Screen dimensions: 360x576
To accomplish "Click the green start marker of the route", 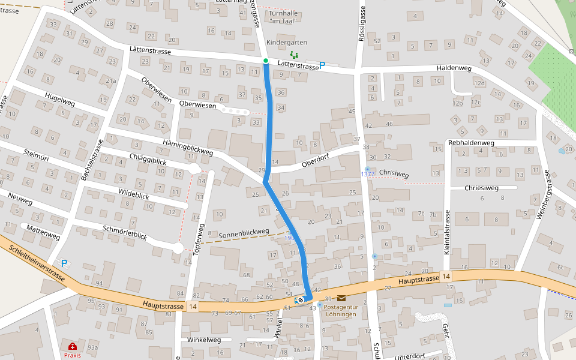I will click(x=265, y=61).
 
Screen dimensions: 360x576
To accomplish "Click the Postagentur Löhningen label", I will click(x=340, y=310).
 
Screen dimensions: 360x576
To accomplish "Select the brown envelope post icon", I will click(x=341, y=298).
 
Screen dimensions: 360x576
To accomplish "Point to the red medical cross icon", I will click(x=73, y=346).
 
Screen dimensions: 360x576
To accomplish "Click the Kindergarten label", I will click(x=286, y=43).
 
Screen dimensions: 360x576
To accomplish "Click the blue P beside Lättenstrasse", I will click(x=322, y=65).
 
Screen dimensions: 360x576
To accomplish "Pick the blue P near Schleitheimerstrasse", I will click(x=65, y=263).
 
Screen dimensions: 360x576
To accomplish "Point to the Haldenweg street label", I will click(x=454, y=68).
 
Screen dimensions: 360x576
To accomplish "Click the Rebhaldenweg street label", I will click(x=471, y=143).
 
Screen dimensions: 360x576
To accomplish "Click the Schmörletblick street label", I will click(x=125, y=232).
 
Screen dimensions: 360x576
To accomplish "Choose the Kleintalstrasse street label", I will click(x=447, y=233).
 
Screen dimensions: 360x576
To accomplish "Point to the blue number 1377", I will click(x=367, y=174).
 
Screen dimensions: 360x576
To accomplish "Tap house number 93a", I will click(x=92, y=347).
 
